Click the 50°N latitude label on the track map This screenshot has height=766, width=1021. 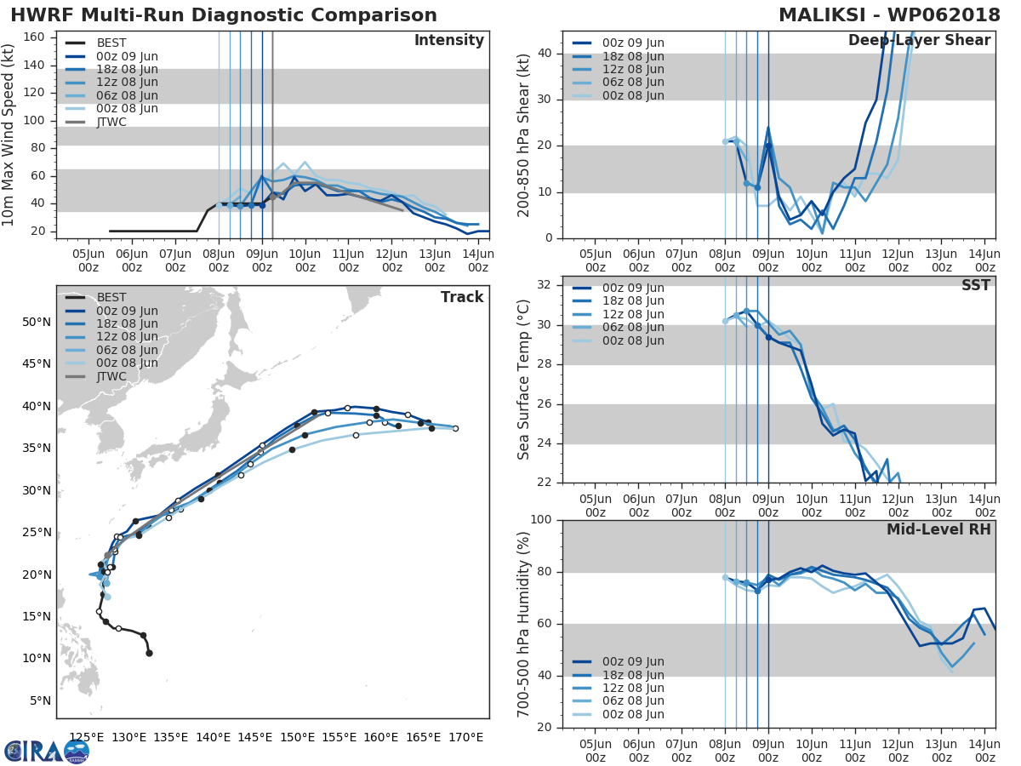click(36, 322)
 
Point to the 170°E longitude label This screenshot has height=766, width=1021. click(466, 737)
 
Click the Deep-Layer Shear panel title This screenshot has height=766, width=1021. click(919, 41)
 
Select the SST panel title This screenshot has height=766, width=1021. click(975, 285)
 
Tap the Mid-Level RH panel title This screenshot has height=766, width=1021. click(938, 529)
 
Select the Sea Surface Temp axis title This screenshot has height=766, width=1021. click(524, 380)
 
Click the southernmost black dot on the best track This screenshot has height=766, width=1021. click(149, 653)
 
